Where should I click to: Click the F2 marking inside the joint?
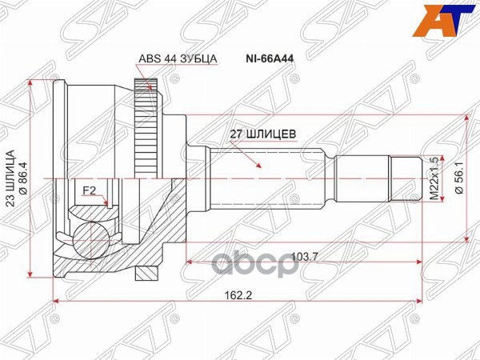(90, 191)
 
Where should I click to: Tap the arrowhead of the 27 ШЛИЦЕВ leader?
(260, 166)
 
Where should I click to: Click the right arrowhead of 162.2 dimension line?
(418, 302)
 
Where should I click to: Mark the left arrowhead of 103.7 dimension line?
(190, 262)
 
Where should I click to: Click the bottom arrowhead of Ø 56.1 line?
(466, 238)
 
